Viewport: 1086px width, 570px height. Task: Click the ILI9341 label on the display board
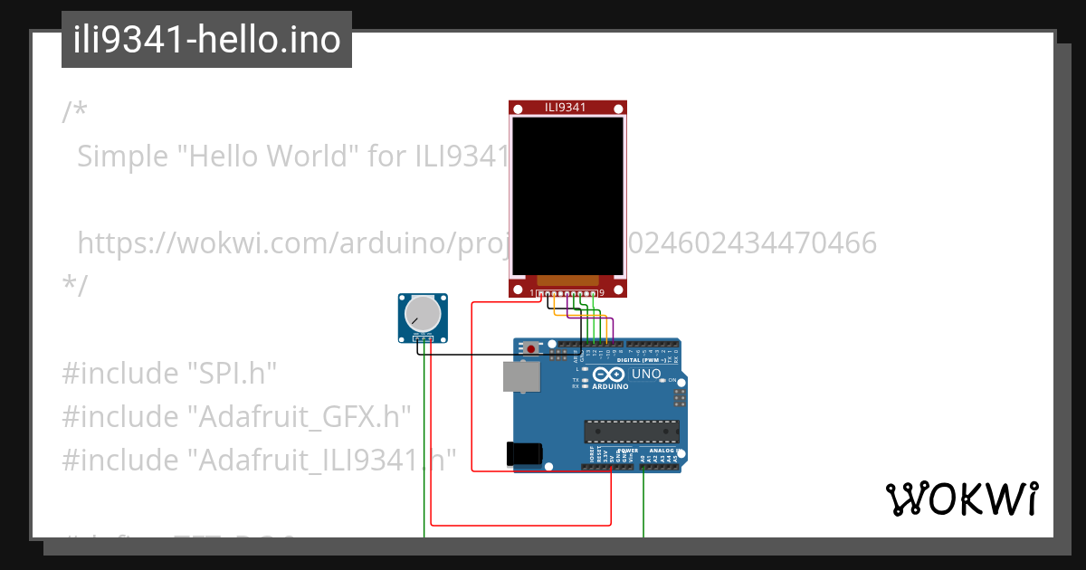(x=566, y=108)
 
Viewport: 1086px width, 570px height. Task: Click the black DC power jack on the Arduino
(x=525, y=452)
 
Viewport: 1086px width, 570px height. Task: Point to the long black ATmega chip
(x=631, y=433)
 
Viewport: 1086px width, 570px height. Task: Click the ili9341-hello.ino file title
(x=206, y=40)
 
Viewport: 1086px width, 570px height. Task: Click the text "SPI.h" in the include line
(x=231, y=374)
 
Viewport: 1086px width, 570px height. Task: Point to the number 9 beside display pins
(x=602, y=293)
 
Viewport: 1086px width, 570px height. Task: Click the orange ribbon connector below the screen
(x=567, y=280)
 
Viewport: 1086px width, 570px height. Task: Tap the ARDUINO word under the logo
(x=610, y=386)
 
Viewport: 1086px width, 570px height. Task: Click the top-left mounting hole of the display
(x=518, y=109)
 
